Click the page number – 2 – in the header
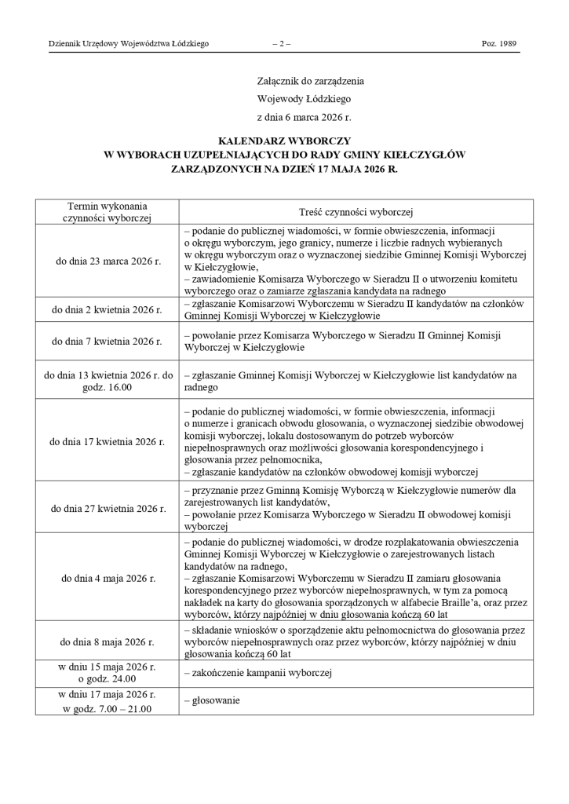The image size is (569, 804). pyautogui.click(x=281, y=44)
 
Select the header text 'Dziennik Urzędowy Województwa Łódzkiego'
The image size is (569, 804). pyautogui.click(x=129, y=44)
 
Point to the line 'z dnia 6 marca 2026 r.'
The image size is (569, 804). pyautogui.click(x=304, y=117)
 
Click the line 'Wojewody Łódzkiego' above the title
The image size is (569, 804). pyautogui.click(x=304, y=99)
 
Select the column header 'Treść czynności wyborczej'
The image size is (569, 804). pyautogui.click(x=356, y=212)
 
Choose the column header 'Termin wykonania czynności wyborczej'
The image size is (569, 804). pyautogui.click(x=107, y=212)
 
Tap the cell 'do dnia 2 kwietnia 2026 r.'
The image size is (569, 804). pyautogui.click(x=107, y=310)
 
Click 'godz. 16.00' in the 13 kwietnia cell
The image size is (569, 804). pyautogui.click(x=108, y=387)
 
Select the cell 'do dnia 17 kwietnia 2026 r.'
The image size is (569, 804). pyautogui.click(x=108, y=441)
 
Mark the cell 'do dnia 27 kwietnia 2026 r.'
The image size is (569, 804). pyautogui.click(x=108, y=508)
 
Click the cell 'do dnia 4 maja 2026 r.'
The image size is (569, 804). pyautogui.click(x=108, y=579)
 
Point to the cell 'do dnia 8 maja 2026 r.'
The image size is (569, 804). pyautogui.click(x=108, y=641)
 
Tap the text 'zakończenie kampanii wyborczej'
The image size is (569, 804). pyautogui.click(x=258, y=673)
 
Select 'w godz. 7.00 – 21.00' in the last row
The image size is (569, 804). pyautogui.click(x=108, y=709)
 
